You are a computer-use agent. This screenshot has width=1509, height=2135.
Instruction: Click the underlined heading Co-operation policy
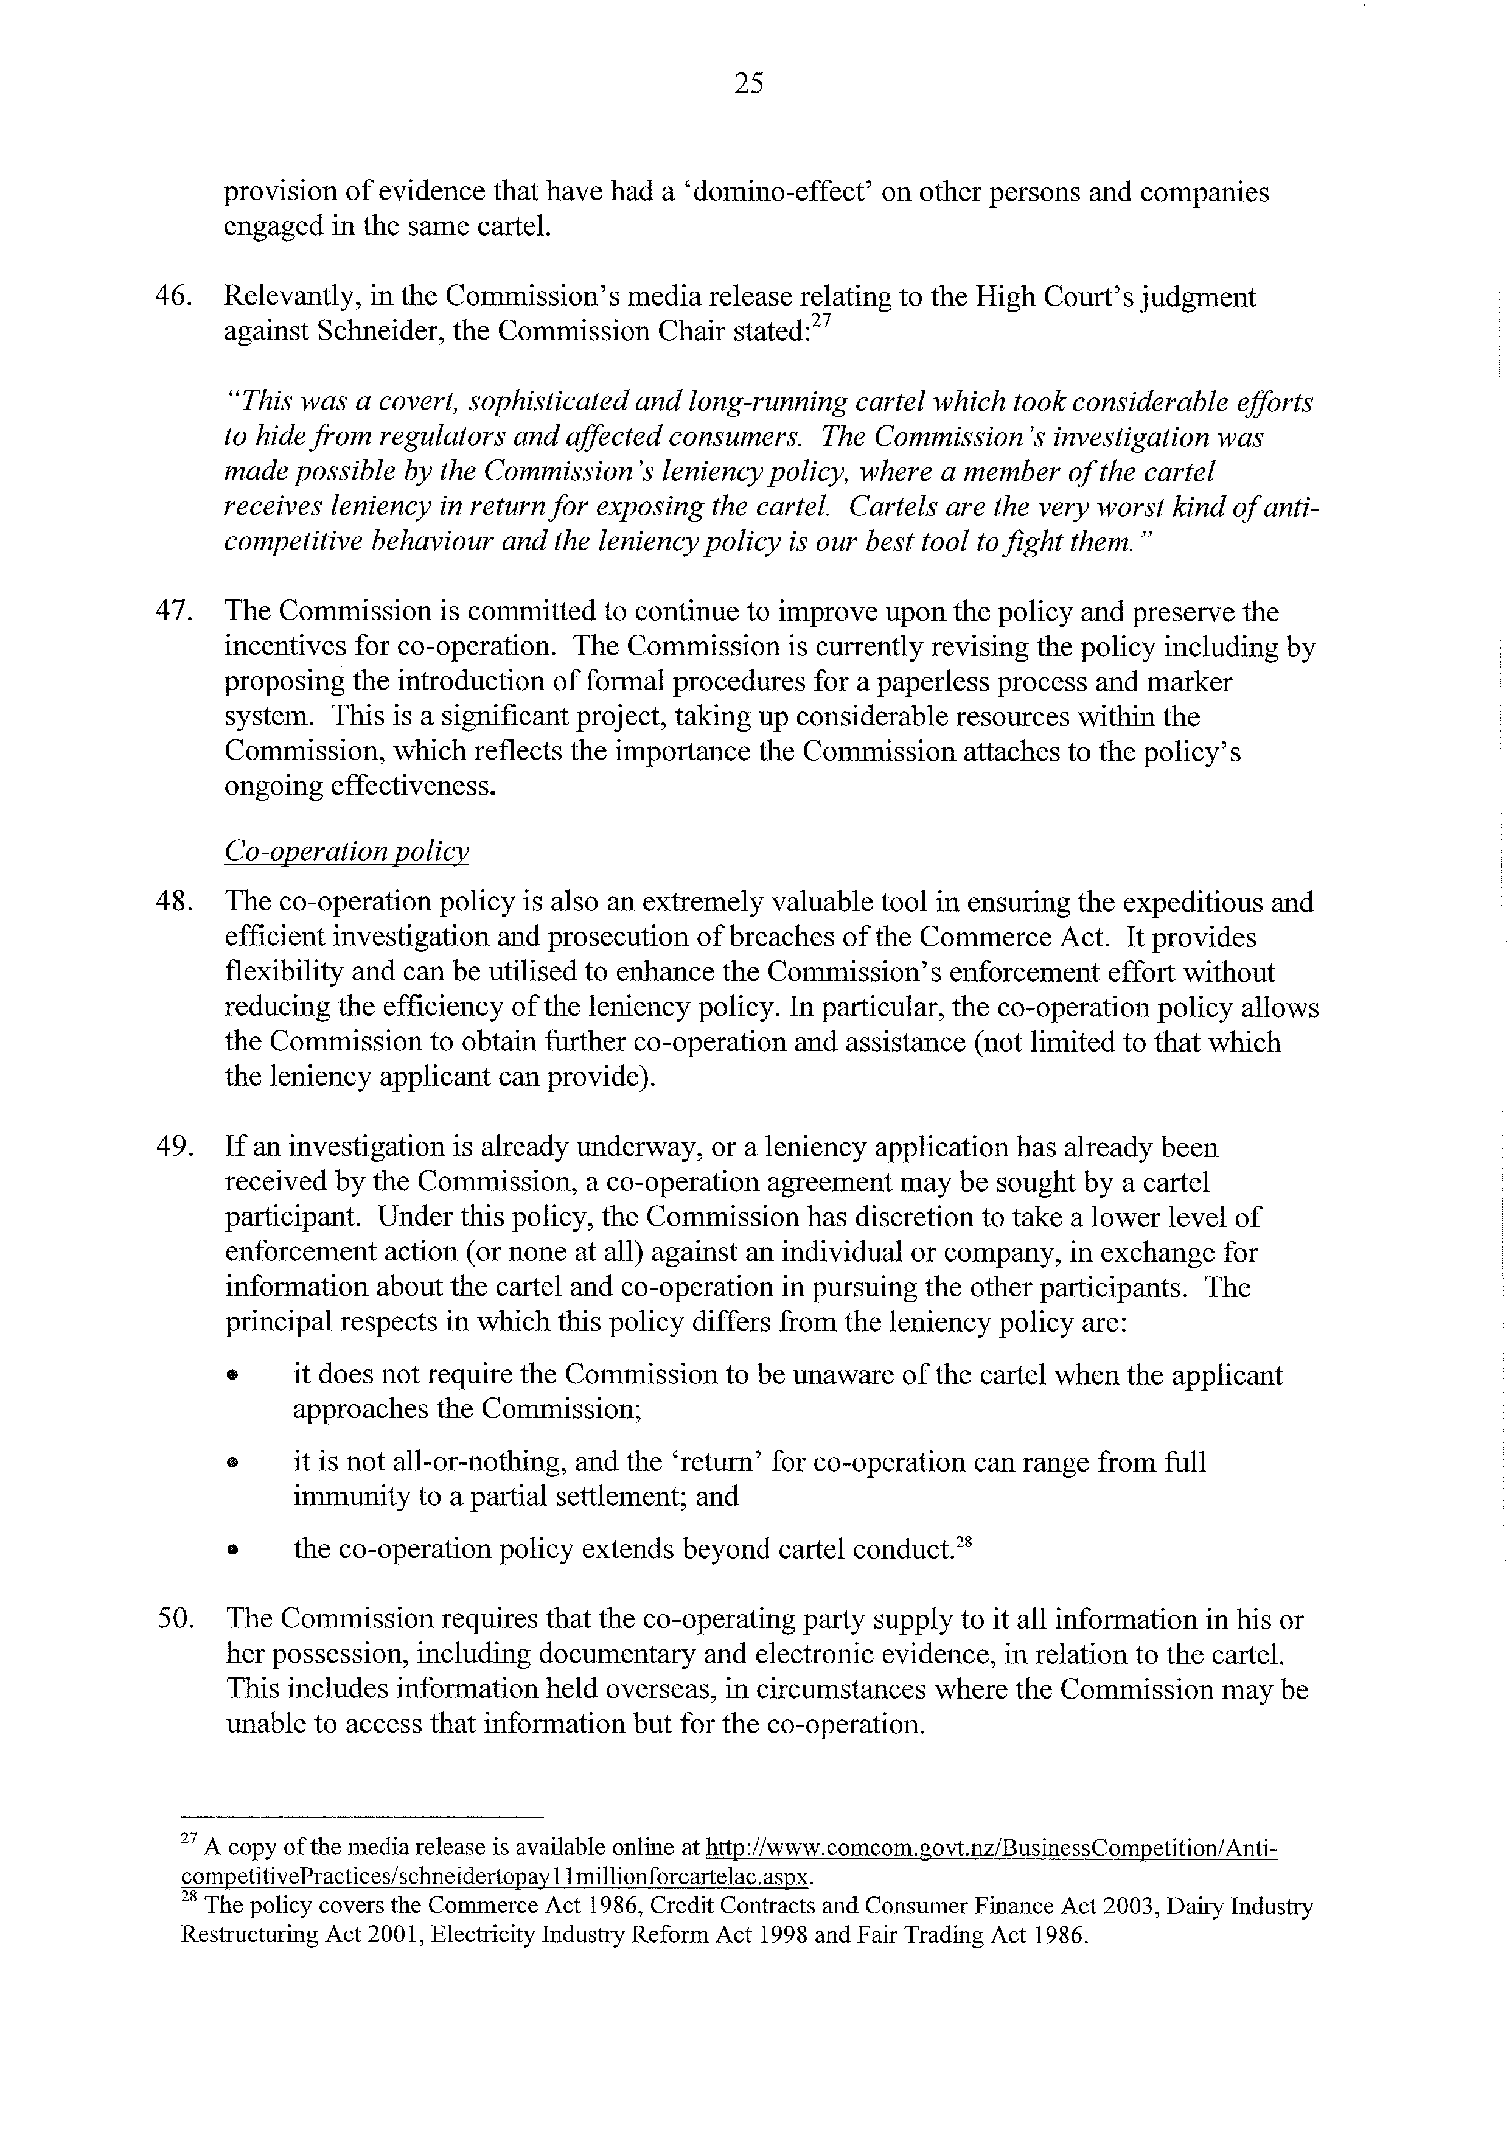(x=346, y=852)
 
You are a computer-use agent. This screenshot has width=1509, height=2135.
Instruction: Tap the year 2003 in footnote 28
(x=1129, y=1906)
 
